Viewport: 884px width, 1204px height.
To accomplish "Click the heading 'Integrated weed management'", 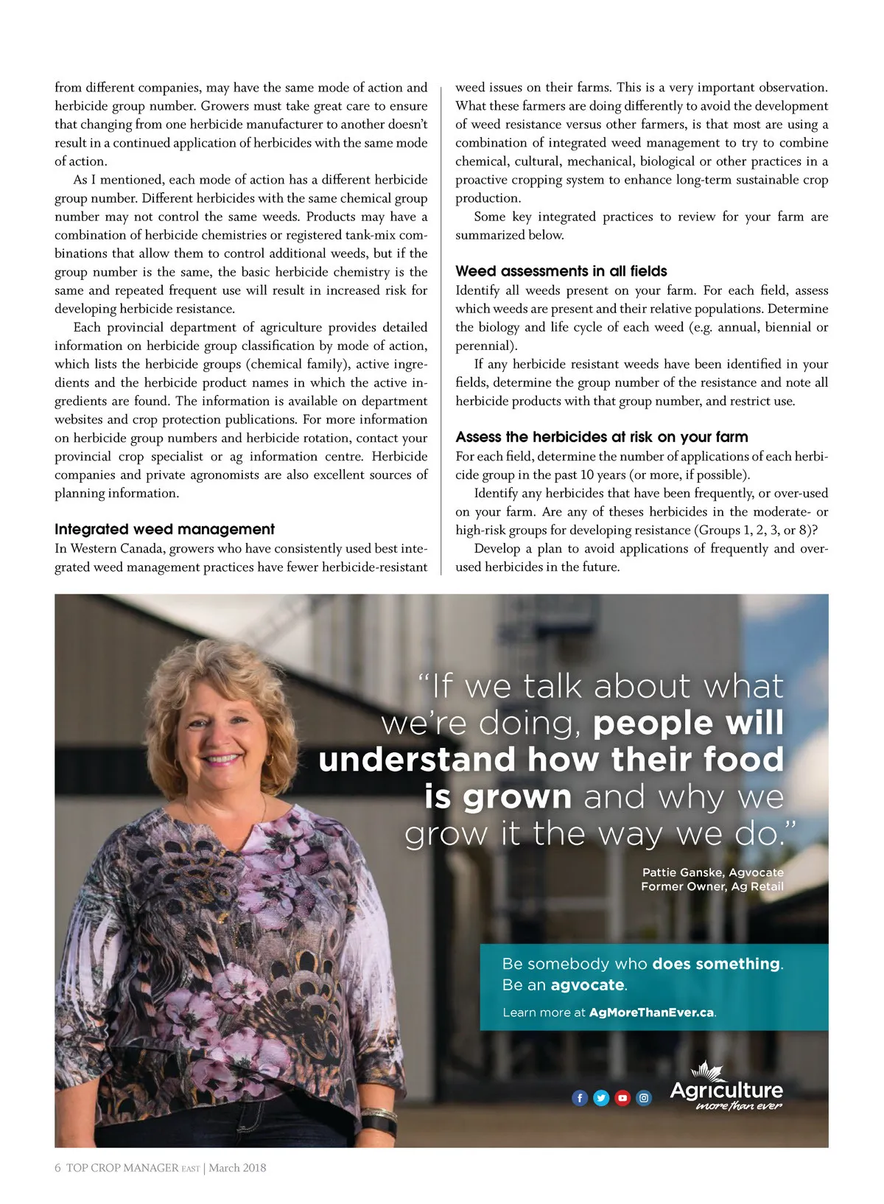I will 164,529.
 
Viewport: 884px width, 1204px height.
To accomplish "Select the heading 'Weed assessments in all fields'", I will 561,271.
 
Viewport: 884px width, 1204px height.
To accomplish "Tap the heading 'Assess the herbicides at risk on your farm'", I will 601,437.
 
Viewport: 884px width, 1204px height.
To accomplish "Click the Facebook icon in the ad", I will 580,1098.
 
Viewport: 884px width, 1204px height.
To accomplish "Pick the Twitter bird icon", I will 601,1098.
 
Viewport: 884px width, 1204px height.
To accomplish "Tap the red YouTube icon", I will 622,1098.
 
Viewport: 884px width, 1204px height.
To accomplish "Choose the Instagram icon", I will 644,1098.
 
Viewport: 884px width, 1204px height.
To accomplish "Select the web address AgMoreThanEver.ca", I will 651,1012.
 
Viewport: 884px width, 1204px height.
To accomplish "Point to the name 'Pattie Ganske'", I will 683,872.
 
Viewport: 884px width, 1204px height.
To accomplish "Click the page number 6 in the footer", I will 57,1168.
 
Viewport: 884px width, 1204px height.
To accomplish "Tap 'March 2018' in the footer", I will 237,1168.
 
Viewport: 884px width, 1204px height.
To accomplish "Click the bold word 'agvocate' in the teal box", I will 588,985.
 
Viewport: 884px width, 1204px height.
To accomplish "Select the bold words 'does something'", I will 715,964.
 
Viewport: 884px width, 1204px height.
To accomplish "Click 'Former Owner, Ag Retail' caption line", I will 712,886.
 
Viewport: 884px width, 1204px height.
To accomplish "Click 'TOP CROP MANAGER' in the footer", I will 122,1168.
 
